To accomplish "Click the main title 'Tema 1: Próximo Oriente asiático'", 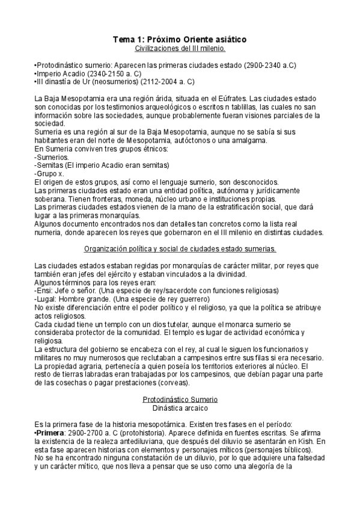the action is coord(180,39).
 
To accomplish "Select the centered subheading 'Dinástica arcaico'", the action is coord(180,408).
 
